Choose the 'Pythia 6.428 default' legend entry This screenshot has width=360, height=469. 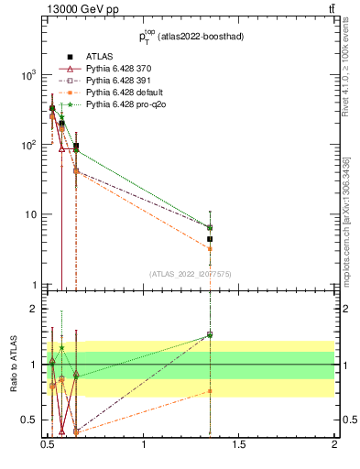click(123, 93)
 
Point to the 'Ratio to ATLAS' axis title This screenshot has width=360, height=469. click(15, 365)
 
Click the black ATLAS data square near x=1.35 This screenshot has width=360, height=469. click(210, 239)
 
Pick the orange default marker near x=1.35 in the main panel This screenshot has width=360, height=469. click(210, 248)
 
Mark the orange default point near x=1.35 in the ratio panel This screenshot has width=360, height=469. click(210, 391)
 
